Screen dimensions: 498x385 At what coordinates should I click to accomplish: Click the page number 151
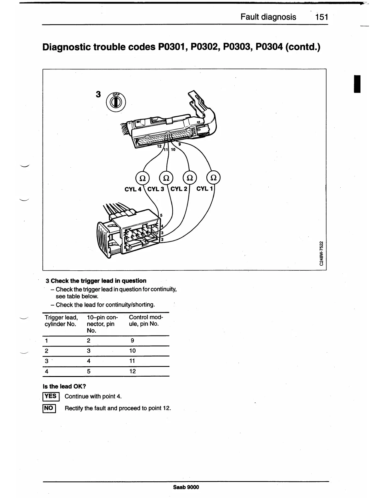tap(322, 17)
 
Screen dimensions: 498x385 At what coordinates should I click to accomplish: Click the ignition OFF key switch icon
tap(115, 103)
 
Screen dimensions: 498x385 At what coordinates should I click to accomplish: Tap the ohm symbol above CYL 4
tap(142, 178)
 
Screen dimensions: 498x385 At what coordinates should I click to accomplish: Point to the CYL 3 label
tap(156, 189)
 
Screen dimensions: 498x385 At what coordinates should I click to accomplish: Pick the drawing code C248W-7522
tap(321, 253)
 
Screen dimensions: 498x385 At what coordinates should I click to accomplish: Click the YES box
tap(50, 396)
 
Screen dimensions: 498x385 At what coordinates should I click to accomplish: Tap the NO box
tap(49, 408)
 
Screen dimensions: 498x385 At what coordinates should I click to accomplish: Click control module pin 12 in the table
tap(132, 371)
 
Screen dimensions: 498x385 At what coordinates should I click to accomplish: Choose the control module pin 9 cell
tap(132, 340)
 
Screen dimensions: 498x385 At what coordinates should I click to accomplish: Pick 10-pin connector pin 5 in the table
tap(89, 371)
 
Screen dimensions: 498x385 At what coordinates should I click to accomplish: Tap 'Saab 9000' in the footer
tap(186, 487)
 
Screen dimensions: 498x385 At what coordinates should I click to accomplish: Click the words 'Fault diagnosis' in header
tap(268, 17)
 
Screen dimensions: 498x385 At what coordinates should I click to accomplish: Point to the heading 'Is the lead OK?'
tap(64, 386)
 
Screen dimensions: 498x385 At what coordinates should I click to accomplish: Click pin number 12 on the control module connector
tap(159, 147)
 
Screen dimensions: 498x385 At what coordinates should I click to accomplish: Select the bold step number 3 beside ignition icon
tap(98, 94)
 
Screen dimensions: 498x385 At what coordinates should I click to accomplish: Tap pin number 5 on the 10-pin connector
tap(161, 215)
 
